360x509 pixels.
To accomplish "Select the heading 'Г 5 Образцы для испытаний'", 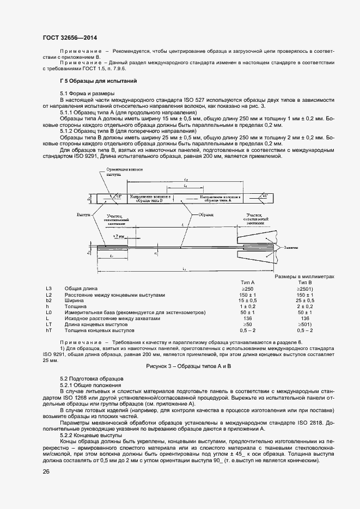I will tap(90, 81).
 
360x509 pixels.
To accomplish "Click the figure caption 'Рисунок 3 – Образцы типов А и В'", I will tap(189, 366).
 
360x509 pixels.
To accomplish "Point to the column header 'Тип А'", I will tap(247, 283).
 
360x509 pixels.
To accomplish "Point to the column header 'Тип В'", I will tap(305, 283).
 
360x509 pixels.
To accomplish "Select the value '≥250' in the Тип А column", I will tap(247, 289).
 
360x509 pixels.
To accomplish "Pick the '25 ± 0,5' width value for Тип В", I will tap(305, 301).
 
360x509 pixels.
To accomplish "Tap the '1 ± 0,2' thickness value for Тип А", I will tap(247, 306).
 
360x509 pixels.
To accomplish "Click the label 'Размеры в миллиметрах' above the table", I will tap(304, 277).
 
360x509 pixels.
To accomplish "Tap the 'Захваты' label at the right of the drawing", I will tap(289, 247).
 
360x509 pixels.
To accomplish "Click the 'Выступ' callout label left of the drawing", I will tap(83, 215).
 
